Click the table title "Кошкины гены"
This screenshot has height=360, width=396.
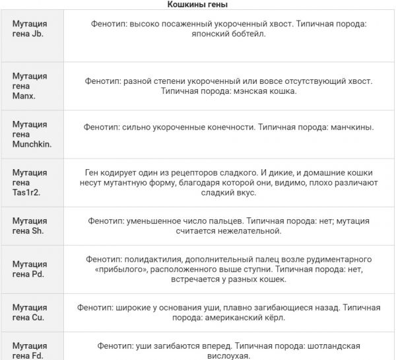197,5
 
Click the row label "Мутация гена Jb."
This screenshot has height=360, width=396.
30,28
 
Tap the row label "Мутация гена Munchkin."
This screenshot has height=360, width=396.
32,133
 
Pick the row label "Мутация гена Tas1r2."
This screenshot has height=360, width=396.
30,182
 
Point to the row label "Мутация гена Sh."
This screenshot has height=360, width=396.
30,226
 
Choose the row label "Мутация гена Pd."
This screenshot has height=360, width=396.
30,269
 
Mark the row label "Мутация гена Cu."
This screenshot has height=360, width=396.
30,312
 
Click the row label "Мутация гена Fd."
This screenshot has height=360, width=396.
30,351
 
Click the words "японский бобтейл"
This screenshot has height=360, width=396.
229,34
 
